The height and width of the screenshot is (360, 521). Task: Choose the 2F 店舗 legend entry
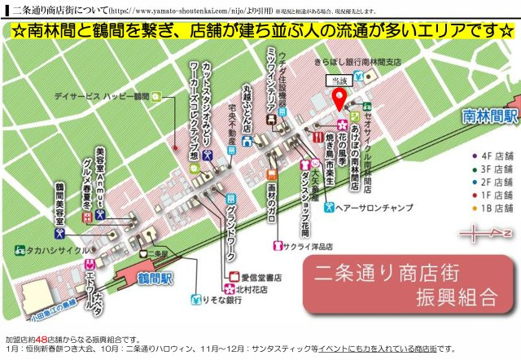pyautogui.click(x=493, y=181)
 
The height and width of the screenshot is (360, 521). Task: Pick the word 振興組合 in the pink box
pyautogui.click(x=444, y=294)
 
